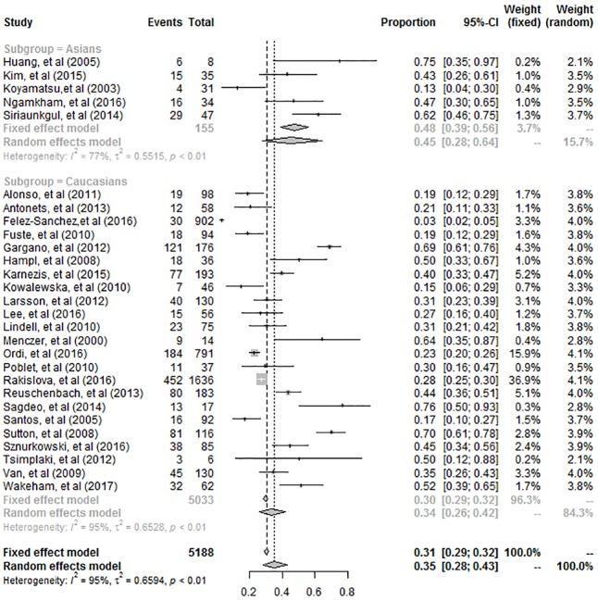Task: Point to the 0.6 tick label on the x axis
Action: click(314, 588)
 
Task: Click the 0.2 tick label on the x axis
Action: click(248, 588)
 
